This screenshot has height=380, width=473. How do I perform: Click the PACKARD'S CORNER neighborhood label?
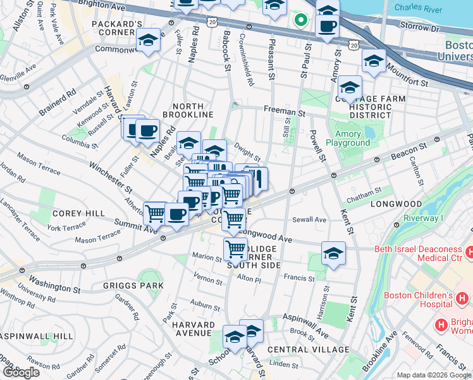click(x=121, y=29)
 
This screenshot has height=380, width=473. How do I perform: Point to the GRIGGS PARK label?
click(x=133, y=286)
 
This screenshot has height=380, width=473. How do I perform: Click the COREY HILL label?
click(x=78, y=214)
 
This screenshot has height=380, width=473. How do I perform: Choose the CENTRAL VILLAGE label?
click(x=308, y=350)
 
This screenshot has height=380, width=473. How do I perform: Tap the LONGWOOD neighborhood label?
click(x=396, y=205)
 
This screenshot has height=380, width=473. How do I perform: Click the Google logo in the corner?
click(x=21, y=372)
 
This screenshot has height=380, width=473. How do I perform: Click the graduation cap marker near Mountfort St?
click(x=374, y=61)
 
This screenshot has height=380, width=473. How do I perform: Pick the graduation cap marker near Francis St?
click(x=333, y=253)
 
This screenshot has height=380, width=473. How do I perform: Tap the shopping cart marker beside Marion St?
click(x=235, y=249)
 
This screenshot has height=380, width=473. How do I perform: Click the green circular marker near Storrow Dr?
click(x=302, y=20)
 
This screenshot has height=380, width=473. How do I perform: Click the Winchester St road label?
click(x=110, y=179)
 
